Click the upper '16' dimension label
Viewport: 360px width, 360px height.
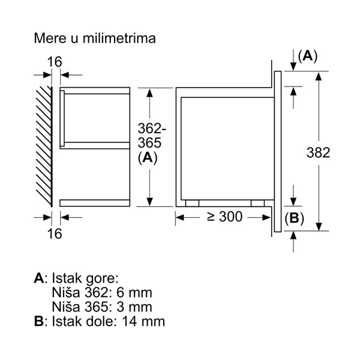point(55,61)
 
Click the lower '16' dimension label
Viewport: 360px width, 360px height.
point(55,233)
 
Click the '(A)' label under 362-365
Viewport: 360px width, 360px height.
point(147,157)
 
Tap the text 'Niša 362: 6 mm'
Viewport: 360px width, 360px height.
point(102,293)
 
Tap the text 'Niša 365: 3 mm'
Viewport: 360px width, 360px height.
point(102,307)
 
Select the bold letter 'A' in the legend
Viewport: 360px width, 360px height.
point(39,278)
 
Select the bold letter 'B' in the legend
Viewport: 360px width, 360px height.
point(39,321)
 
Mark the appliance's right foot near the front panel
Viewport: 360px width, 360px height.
point(258,203)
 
